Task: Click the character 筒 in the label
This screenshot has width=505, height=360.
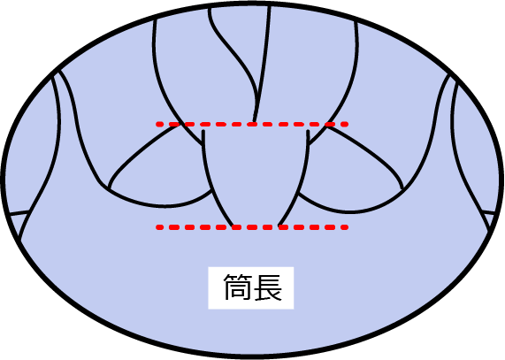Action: (237, 287)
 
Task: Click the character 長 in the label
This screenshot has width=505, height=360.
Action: (268, 287)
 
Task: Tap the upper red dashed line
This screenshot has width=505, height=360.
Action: (252, 124)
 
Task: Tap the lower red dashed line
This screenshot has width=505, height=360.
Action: (252, 227)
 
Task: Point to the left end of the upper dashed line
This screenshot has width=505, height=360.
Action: (157, 124)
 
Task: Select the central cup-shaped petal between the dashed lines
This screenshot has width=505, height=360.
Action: (256, 174)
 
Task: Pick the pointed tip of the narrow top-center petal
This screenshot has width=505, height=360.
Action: (255, 122)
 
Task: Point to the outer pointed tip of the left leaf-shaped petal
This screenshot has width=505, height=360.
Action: (110, 189)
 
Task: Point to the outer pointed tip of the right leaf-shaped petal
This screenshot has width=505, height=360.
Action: (402, 188)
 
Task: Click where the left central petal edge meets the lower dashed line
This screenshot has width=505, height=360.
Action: (233, 226)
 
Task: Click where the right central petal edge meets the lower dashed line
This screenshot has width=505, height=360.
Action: (279, 226)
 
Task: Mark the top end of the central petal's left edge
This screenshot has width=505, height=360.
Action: (203, 130)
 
